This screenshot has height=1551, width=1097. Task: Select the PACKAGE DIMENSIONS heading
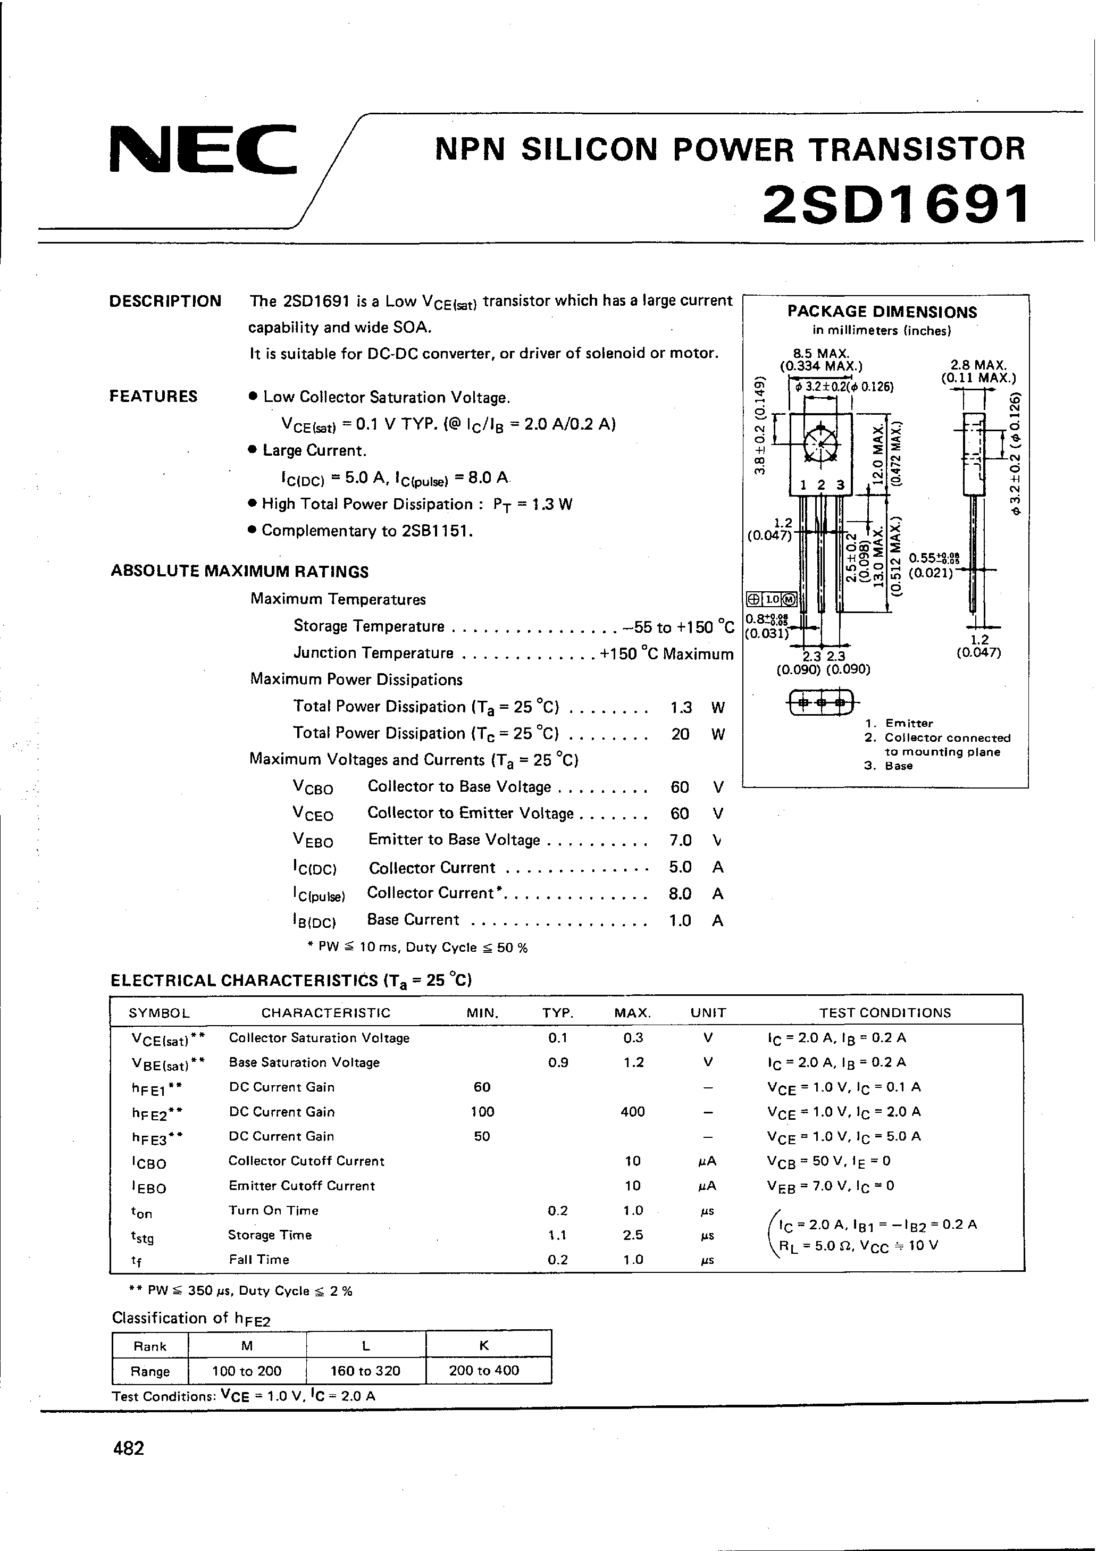pyautogui.click(x=882, y=312)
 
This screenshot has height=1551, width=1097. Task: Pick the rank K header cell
pyautogui.click(x=484, y=1346)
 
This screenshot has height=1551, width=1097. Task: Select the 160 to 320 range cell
pyautogui.click(x=365, y=1371)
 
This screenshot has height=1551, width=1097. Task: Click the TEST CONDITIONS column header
pyautogui.click(x=885, y=1012)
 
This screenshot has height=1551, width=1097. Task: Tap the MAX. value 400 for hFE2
pyautogui.click(x=632, y=1112)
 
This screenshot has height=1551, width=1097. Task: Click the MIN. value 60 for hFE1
pyautogui.click(x=482, y=1087)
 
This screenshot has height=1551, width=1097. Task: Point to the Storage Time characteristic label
pyautogui.click(x=270, y=1235)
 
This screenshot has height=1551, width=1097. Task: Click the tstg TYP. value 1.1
pyautogui.click(x=557, y=1235)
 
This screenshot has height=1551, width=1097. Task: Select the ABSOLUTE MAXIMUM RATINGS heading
pyautogui.click(x=240, y=572)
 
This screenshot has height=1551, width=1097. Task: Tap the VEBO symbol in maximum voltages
pyautogui.click(x=313, y=840)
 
